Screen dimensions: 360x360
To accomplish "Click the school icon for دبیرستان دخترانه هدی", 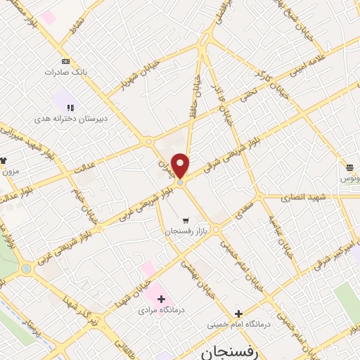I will click(68, 107).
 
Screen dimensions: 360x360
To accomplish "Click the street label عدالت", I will click(83, 165).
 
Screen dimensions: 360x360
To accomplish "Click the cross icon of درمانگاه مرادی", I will click(162, 298).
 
